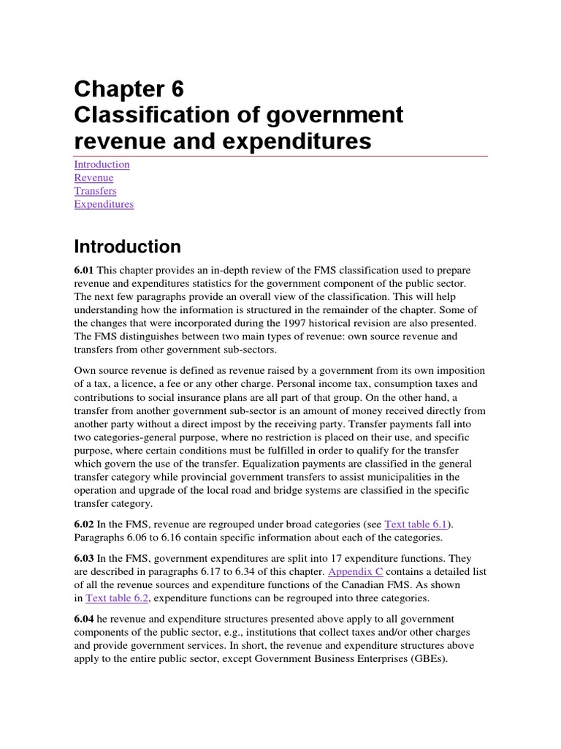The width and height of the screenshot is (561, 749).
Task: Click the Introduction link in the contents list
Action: click(102, 165)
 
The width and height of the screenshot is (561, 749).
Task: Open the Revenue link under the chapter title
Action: click(93, 178)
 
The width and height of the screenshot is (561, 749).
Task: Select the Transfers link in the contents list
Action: click(95, 191)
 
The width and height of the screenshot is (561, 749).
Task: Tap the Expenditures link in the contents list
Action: click(104, 204)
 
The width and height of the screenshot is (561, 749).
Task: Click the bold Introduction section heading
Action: click(127, 246)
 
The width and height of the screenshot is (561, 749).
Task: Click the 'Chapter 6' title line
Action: click(129, 89)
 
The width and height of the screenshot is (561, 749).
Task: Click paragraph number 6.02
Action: click(85, 524)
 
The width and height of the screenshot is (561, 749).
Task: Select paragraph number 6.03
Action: click(85, 558)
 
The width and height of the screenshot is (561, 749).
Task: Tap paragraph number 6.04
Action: click(85, 619)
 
